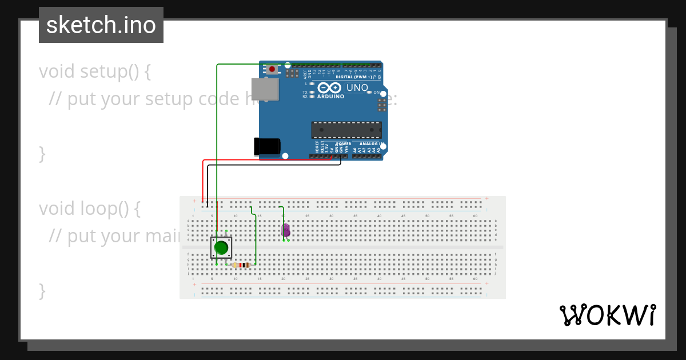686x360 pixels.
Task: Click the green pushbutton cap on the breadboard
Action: tap(221, 248)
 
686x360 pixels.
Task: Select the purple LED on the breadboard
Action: tap(286, 230)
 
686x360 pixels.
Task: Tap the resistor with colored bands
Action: tap(241, 265)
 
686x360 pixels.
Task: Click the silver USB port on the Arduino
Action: tap(265, 90)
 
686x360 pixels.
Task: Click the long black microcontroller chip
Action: tap(346, 130)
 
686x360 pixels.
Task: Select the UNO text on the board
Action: tap(357, 88)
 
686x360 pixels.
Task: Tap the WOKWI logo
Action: tap(607, 315)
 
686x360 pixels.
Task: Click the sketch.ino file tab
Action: tap(101, 25)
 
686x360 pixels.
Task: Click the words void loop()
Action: tap(89, 209)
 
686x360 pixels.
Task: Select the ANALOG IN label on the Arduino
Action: tap(372, 144)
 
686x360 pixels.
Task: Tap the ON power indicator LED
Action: tap(369, 92)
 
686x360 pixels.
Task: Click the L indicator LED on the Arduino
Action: tap(312, 84)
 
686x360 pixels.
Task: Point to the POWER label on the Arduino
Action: tap(344, 144)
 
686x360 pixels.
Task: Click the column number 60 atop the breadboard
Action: tap(475, 215)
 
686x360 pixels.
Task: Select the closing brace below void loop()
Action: tap(42, 290)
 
